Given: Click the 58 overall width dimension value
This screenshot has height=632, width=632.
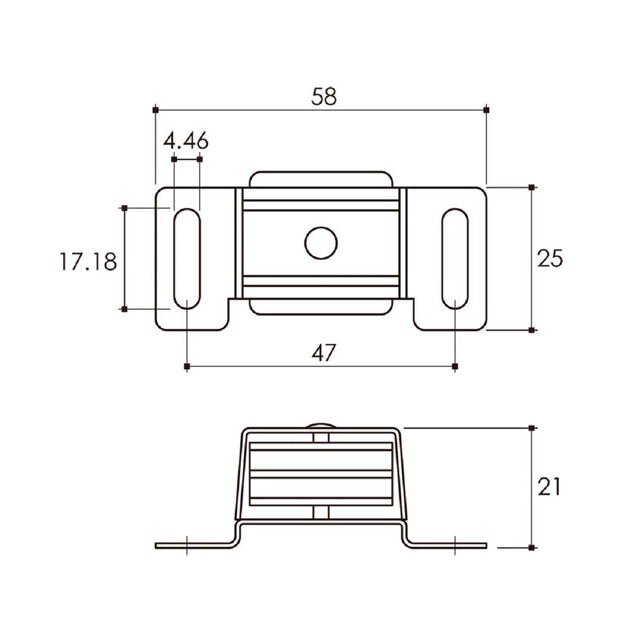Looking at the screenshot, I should pos(324,96).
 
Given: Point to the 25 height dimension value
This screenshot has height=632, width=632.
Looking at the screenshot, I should pos(550,258).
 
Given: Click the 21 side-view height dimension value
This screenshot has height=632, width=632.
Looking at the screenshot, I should pos(549,487).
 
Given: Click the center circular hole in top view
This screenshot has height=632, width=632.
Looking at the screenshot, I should pos(321,243).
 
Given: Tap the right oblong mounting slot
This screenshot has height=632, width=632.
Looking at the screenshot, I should pos(455,258).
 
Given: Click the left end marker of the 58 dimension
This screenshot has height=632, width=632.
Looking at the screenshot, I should pos(155,110).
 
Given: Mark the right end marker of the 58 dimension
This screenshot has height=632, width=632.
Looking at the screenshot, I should pos(487,110).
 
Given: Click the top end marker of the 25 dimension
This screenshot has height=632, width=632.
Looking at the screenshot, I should pos(531,187).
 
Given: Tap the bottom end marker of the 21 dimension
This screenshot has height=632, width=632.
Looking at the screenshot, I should pos(531,547).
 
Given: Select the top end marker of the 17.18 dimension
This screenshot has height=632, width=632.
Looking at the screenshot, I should pos(124,208).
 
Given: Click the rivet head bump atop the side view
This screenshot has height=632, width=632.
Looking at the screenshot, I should pos(321,426).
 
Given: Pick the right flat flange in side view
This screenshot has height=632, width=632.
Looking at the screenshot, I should pos(451,546).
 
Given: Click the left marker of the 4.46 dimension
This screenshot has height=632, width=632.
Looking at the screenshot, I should pos(174,159).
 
